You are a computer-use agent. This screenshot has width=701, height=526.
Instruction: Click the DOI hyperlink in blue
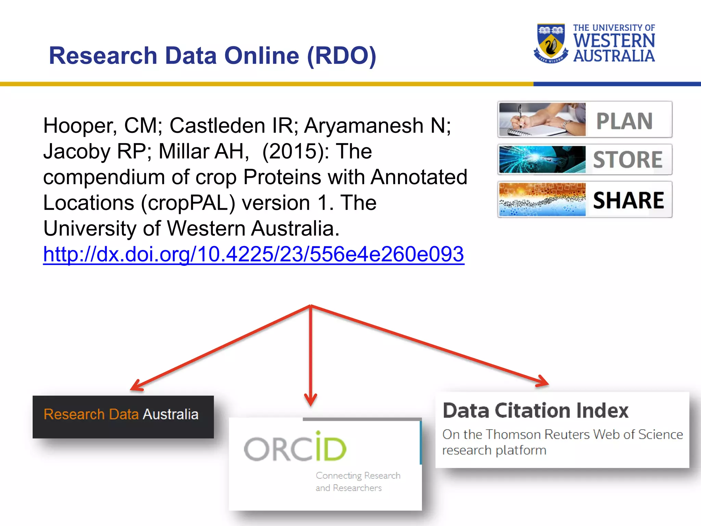(253, 254)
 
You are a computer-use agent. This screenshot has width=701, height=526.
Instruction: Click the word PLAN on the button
(624, 121)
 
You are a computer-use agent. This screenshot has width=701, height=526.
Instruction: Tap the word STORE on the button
(628, 160)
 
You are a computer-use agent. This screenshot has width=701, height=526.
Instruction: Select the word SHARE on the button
(628, 200)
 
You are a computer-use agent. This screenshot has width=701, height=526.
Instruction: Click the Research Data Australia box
(123, 416)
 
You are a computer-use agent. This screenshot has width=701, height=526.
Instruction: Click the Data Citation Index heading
(535, 410)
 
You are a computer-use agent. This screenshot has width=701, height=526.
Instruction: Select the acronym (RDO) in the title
(342, 55)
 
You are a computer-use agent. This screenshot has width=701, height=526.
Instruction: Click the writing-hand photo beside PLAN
(542, 120)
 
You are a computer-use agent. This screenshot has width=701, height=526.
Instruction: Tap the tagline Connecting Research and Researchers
(357, 481)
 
